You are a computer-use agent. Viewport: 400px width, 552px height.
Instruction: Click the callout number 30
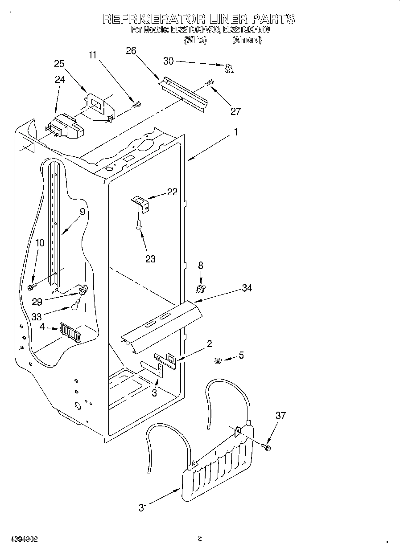coord(168,61)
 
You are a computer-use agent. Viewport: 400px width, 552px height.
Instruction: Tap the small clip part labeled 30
coord(229,68)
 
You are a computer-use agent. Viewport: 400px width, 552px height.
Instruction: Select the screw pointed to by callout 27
coord(209,82)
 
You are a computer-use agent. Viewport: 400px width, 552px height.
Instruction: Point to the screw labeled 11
coord(136,105)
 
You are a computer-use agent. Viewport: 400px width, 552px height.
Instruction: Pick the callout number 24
coord(60,79)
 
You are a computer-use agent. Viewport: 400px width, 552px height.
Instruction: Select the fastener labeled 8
coord(201,289)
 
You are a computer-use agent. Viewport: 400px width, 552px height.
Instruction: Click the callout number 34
coord(247,288)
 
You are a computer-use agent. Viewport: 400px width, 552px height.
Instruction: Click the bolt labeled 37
coord(267,446)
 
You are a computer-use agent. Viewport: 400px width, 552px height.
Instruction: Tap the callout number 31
coord(143,507)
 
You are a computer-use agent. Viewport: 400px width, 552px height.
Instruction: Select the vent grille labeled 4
coord(70,333)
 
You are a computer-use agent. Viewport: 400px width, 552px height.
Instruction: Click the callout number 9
coord(82,212)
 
